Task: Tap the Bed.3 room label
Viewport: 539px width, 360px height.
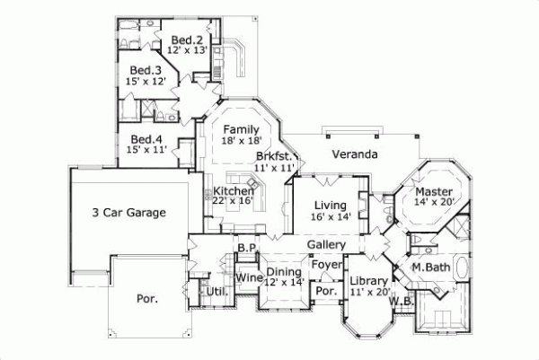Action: pos(145,70)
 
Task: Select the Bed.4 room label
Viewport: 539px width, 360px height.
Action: pos(146,139)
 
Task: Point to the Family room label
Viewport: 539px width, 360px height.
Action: pos(241,128)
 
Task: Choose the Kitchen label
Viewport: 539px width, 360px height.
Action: pos(234,191)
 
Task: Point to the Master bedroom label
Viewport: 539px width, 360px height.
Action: pos(432,190)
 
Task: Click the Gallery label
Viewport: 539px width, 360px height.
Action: pos(327,244)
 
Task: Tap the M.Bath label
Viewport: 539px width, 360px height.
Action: pos(430,268)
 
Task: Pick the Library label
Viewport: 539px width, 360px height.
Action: pos(369,280)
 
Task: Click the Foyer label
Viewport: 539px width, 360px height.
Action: pos(325,265)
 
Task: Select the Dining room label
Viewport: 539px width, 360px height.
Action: pos(284,272)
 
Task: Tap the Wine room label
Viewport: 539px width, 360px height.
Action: pos(248,278)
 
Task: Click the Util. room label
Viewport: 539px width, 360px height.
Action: pos(215,291)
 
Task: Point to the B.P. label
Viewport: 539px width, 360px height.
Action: pos(247,246)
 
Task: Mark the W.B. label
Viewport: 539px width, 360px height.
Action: pos(401,302)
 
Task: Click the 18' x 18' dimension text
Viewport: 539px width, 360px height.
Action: pos(241,141)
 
